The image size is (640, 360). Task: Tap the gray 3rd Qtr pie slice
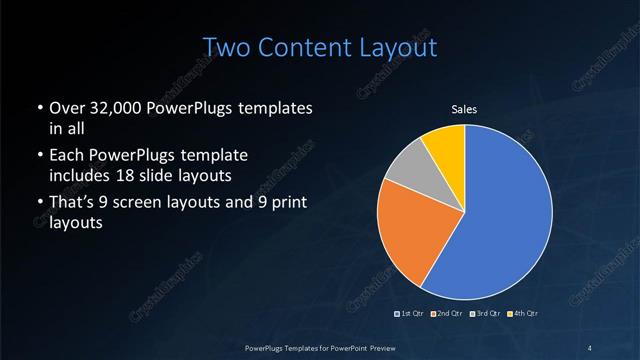pos(409,171)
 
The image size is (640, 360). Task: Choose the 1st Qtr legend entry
pos(409,314)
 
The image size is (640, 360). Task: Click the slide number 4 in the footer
pos(590,347)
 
